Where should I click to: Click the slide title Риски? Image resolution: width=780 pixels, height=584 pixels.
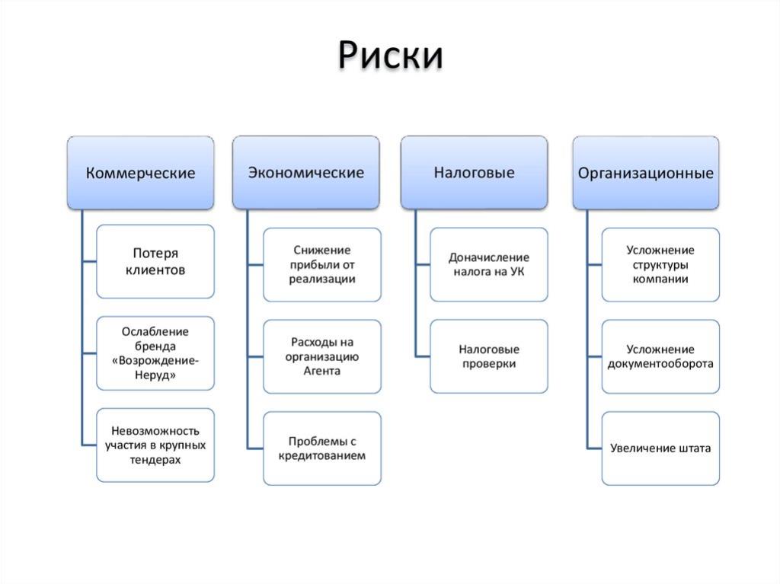click(x=391, y=55)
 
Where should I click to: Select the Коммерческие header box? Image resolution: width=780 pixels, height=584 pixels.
click(x=141, y=173)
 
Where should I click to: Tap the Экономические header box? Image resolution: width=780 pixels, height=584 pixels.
click(x=306, y=173)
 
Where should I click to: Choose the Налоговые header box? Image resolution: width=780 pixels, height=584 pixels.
click(x=474, y=173)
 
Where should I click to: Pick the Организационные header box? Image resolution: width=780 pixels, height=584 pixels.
click(x=646, y=173)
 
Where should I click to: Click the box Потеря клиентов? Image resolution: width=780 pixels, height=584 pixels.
click(x=155, y=262)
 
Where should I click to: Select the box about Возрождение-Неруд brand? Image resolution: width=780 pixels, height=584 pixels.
click(x=155, y=353)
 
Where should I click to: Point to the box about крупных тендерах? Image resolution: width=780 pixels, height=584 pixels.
click(x=155, y=445)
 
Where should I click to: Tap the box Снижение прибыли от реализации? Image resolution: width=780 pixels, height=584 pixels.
click(x=322, y=265)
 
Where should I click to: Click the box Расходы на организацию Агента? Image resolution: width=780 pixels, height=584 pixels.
click(x=322, y=356)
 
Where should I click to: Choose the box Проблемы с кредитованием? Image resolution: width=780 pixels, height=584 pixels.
click(x=322, y=448)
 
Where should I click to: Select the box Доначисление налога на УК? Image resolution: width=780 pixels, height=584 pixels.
click(x=489, y=265)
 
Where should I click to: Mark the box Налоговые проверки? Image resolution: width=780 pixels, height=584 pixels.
click(x=489, y=356)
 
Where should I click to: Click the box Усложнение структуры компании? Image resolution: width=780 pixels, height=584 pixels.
click(x=660, y=265)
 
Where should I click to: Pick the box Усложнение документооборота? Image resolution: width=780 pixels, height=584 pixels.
click(x=660, y=356)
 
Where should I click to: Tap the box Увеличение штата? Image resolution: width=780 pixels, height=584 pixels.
click(x=660, y=448)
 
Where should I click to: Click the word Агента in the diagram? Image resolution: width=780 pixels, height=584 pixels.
click(x=322, y=371)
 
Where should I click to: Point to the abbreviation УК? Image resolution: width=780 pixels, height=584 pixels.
click(x=517, y=272)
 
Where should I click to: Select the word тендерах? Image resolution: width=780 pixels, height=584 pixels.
click(x=155, y=460)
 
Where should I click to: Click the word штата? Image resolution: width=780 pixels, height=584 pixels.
click(x=694, y=448)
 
